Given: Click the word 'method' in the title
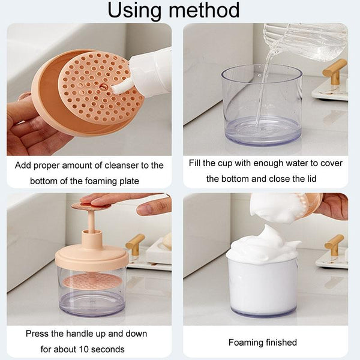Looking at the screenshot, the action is click(204, 10).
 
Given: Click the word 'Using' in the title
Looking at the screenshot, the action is click(134, 11).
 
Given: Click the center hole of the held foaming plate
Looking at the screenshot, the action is click(103, 86).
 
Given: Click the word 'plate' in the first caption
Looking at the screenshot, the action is click(129, 181).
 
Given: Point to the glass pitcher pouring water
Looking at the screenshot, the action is click(306, 41).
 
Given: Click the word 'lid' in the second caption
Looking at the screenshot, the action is click(311, 179).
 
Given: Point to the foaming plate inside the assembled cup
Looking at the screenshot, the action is click(92, 281).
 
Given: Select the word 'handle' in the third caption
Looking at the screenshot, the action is click(78, 334).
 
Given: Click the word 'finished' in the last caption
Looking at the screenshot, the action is click(281, 343).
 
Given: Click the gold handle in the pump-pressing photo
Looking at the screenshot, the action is click(135, 244).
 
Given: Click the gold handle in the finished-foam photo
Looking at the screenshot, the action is click(334, 245).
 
